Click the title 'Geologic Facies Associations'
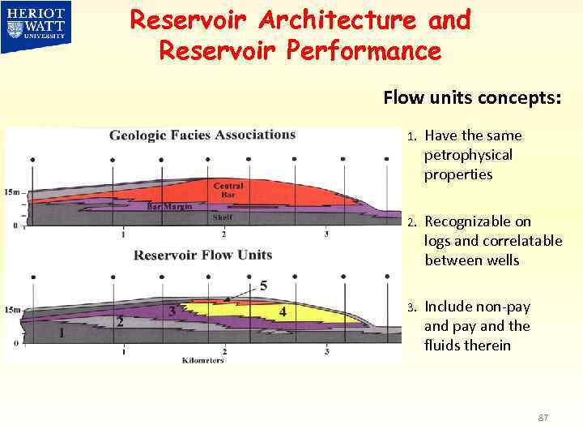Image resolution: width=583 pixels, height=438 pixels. coord(202,135)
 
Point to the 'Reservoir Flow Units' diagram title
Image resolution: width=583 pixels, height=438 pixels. coord(202,255)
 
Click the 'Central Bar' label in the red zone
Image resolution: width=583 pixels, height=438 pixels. coord(228,191)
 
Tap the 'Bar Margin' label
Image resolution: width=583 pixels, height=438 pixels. coord(169,207)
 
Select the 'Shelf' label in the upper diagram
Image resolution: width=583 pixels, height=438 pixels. coord(222,217)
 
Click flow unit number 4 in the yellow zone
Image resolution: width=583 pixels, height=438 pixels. coord(282,311)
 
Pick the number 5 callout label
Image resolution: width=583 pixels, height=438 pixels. coord(263,286)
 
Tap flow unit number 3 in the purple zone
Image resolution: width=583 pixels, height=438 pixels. coord(172,311)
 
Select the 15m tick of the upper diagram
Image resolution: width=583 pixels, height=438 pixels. coord(11,192)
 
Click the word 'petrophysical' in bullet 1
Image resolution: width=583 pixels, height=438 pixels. coord(468,155)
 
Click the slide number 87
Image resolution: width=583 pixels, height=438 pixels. coord(543,417)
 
